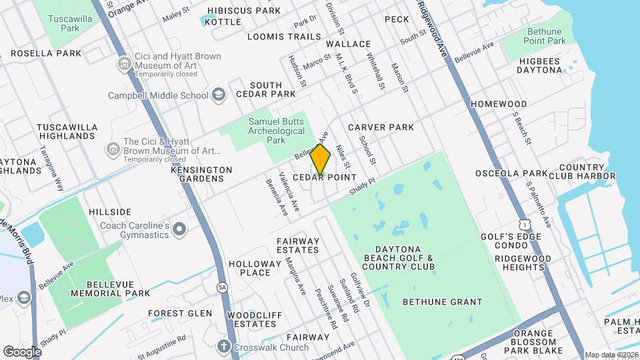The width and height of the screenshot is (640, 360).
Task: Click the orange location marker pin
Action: pyautogui.click(x=321, y=160)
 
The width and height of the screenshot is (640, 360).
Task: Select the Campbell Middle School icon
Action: pyautogui.click(x=218, y=96)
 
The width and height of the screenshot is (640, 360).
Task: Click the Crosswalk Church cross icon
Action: pyautogui.click(x=224, y=347)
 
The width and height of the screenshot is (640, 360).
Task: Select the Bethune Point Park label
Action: pyautogui.click(x=545, y=36)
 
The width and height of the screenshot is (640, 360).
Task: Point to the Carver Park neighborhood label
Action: pyautogui.click(x=381, y=127)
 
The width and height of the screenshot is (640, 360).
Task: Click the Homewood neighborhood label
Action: pyautogui.click(x=498, y=104)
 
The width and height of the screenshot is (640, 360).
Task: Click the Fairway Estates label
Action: pyautogui.click(x=298, y=245)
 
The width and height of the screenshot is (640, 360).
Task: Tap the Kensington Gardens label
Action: pyautogui.click(x=201, y=174)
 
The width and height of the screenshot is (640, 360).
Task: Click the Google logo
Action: pyautogui.click(x=22, y=351)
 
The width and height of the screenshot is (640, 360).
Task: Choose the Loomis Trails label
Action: pyautogui.click(x=284, y=37)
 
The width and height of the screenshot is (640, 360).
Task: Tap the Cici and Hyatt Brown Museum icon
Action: pyautogui.click(x=125, y=65)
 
